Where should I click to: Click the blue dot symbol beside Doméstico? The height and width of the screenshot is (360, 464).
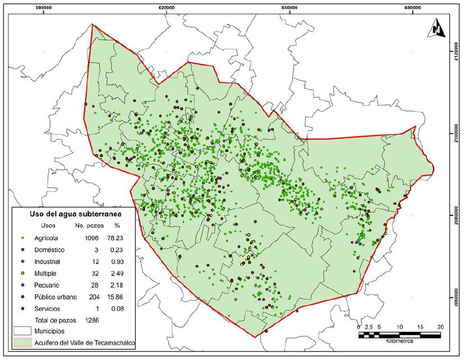(x=21, y=250)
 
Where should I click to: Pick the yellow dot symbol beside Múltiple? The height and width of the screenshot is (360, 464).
(x=21, y=273)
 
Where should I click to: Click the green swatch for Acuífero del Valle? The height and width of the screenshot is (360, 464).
(x=21, y=341)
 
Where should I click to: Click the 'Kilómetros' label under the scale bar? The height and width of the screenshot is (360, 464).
(x=399, y=340)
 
